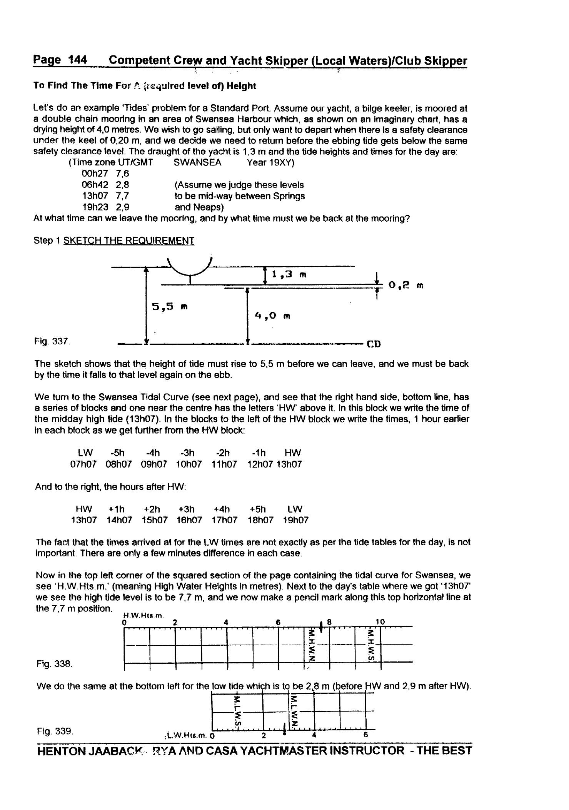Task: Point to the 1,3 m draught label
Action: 289,274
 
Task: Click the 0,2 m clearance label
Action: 405,285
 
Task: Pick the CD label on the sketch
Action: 374,344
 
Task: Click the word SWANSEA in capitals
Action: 197,162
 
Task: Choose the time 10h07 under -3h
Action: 189,464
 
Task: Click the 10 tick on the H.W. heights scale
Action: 380,622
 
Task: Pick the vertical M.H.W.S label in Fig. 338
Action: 371,645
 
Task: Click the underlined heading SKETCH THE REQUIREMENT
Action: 129,240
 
